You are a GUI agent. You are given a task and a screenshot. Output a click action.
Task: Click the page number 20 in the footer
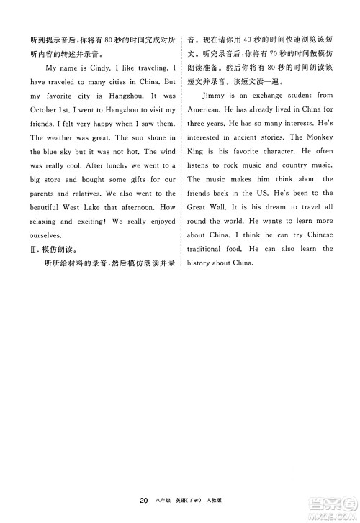tap(145, 500)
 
